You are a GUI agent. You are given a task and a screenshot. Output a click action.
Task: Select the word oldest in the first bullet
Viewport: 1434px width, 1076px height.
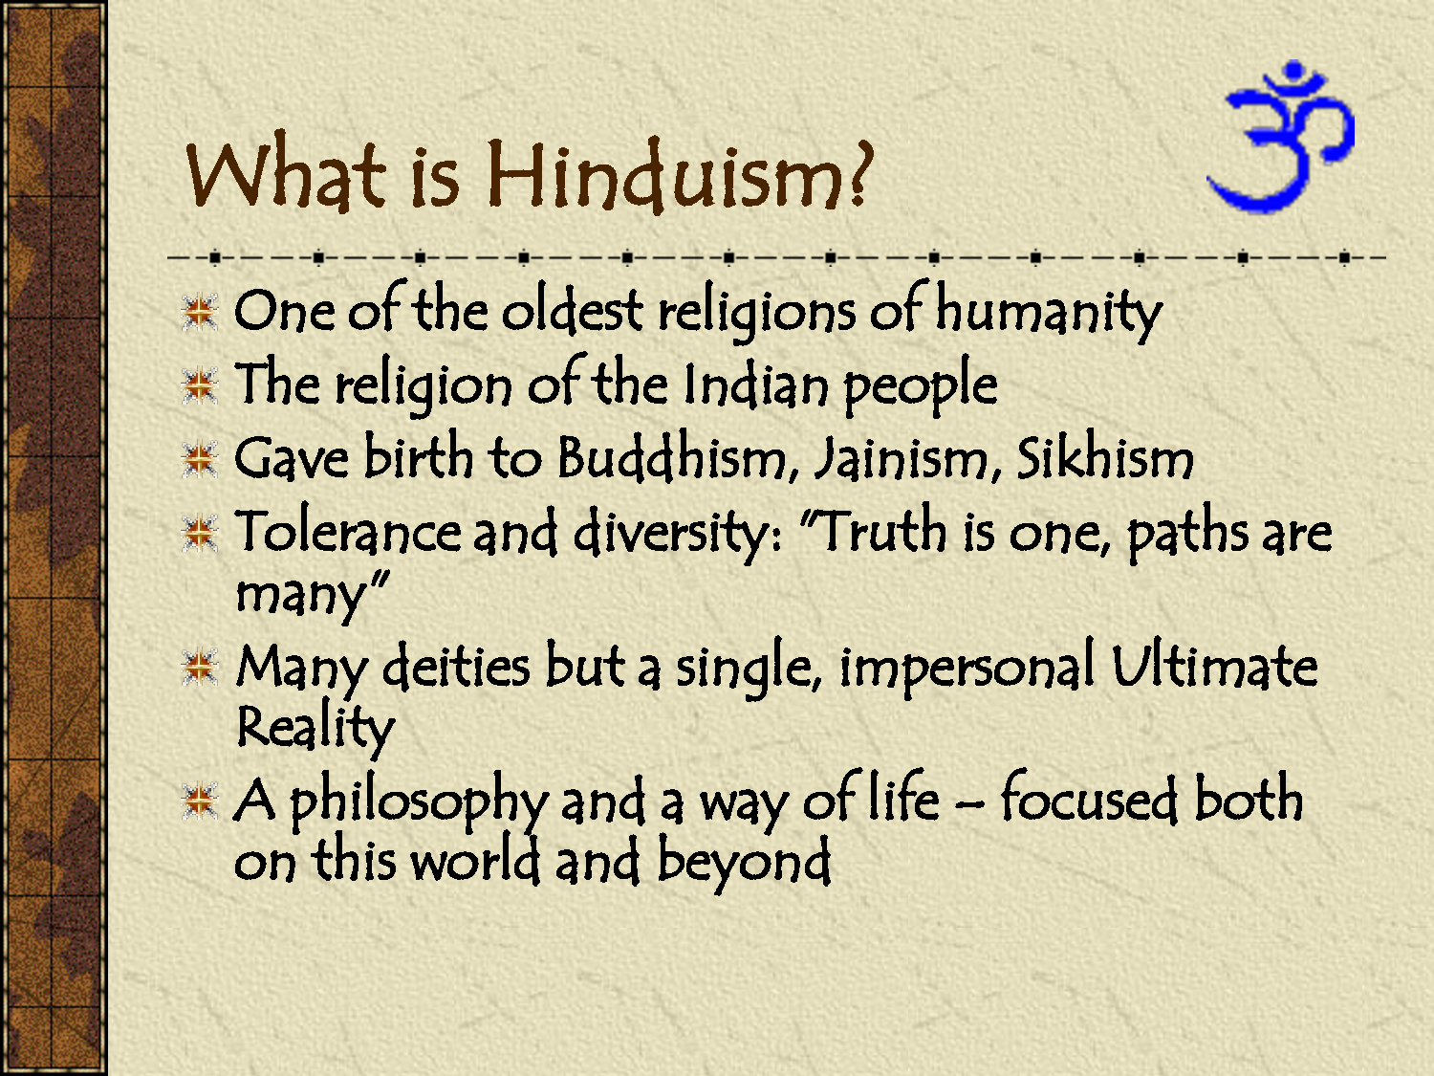click(572, 311)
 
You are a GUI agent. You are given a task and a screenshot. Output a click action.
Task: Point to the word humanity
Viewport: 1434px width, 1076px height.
click(1048, 311)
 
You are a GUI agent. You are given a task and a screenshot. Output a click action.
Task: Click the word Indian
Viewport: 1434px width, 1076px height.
click(755, 385)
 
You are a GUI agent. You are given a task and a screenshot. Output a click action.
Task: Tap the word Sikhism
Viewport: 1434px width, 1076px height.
click(1104, 458)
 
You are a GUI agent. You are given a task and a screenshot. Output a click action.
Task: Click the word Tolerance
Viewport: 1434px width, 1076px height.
click(347, 532)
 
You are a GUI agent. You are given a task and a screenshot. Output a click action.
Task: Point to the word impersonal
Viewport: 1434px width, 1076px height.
click(967, 667)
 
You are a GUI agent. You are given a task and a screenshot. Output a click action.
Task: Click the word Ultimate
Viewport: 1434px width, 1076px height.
click(1214, 666)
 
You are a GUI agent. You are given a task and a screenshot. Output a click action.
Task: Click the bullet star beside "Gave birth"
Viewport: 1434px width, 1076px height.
click(201, 460)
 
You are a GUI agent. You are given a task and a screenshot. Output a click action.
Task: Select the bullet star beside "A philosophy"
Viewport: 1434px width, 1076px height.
click(201, 802)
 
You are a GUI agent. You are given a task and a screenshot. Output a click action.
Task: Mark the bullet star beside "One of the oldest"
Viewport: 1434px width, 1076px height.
click(201, 313)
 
